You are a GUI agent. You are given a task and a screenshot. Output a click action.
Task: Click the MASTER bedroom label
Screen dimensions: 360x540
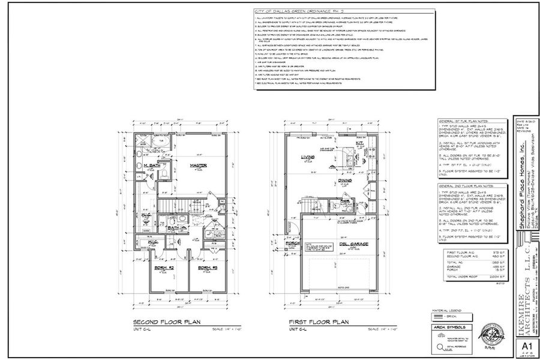[x=194, y=166]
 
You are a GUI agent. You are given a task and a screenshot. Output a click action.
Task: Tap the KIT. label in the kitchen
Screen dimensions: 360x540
[x=360, y=144]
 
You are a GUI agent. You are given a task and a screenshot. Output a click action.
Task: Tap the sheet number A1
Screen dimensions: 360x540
[x=526, y=347]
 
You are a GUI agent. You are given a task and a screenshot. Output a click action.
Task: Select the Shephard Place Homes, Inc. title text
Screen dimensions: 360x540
[x=521, y=174]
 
